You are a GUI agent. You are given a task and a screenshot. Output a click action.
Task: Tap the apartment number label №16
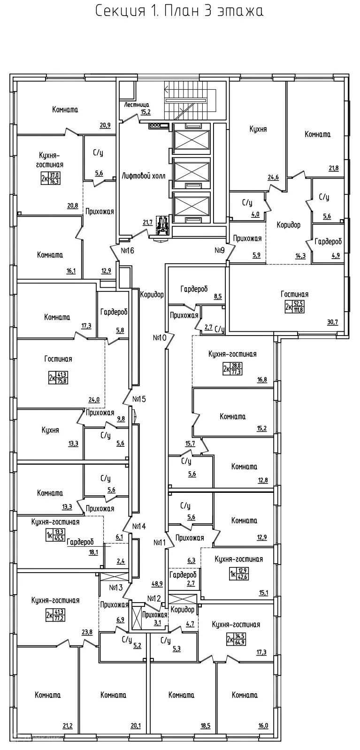pyautogui.click(x=127, y=251)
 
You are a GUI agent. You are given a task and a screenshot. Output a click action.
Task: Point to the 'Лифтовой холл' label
pyautogui.click(x=143, y=176)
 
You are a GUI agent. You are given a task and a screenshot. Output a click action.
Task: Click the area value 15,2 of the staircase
pyautogui.click(x=146, y=112)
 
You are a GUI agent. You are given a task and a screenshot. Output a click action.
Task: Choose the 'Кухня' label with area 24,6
pyautogui.click(x=258, y=129)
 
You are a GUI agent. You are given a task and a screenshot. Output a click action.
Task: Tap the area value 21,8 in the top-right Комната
pyautogui.click(x=333, y=168)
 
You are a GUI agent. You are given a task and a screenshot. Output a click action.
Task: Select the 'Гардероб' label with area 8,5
pyautogui.click(x=194, y=289)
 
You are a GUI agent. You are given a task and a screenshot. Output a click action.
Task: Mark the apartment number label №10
pyautogui.click(x=160, y=337)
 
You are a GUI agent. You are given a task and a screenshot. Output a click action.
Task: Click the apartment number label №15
pyautogui.click(x=139, y=399)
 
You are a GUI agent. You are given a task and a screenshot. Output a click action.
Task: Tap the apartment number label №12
pyautogui.click(x=154, y=598)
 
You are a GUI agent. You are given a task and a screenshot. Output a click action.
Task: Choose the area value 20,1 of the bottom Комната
pyautogui.click(x=136, y=726)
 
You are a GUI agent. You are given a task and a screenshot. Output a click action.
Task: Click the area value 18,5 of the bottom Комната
pyautogui.click(x=205, y=726)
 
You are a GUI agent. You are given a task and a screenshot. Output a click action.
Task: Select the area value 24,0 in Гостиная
pyautogui.click(x=94, y=400)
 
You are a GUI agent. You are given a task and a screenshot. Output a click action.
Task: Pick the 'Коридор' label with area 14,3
pyautogui.click(x=288, y=225)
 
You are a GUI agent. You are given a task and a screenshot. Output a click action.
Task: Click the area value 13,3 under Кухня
pyautogui.click(x=73, y=443)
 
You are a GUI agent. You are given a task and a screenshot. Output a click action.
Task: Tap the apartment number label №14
pyautogui.click(x=139, y=526)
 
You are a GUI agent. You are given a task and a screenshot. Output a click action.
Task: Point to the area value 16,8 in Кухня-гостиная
pyautogui.click(x=262, y=380)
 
